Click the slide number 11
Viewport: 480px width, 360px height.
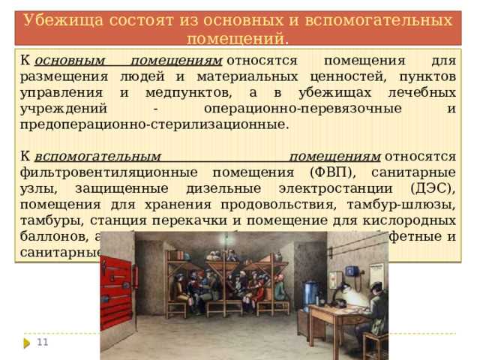point(42,342)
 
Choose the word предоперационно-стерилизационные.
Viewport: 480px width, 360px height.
point(154,124)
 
